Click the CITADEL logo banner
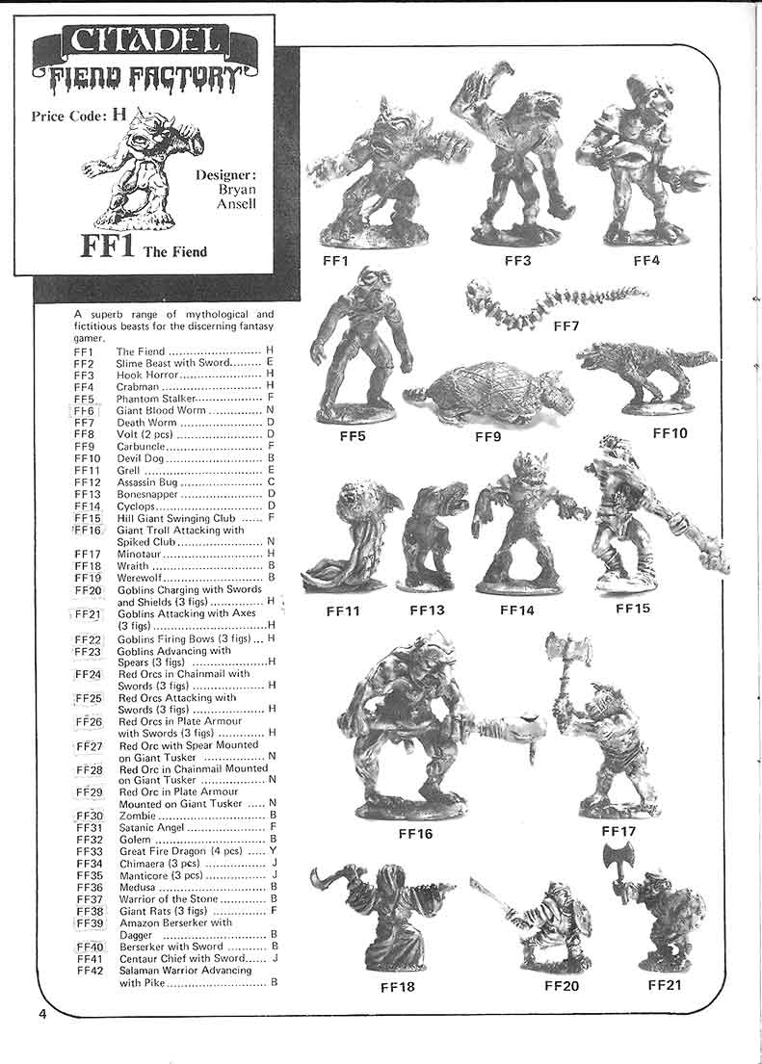pos(145,41)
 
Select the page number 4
pos(42,1017)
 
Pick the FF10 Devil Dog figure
pos(646,376)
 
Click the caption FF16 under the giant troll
pos(415,833)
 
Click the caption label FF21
pos(665,984)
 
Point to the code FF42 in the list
pos(89,970)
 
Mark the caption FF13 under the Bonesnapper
pos(426,610)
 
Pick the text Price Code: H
pos(79,114)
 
